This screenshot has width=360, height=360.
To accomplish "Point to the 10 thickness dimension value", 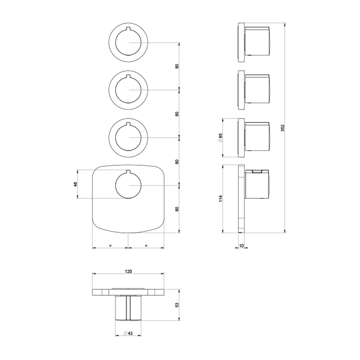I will [241, 246].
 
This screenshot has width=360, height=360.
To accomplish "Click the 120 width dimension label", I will [128, 271].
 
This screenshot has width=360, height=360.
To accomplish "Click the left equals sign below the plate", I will [110, 245].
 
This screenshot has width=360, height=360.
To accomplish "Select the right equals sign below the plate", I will [146, 245].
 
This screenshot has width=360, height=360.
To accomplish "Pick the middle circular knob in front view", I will [128, 89].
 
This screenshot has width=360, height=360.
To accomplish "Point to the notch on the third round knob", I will [128, 124].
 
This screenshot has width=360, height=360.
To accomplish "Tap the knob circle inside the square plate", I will [128, 186].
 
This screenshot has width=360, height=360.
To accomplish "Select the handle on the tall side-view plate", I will [258, 183].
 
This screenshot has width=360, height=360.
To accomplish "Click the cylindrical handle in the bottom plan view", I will [128, 308].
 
